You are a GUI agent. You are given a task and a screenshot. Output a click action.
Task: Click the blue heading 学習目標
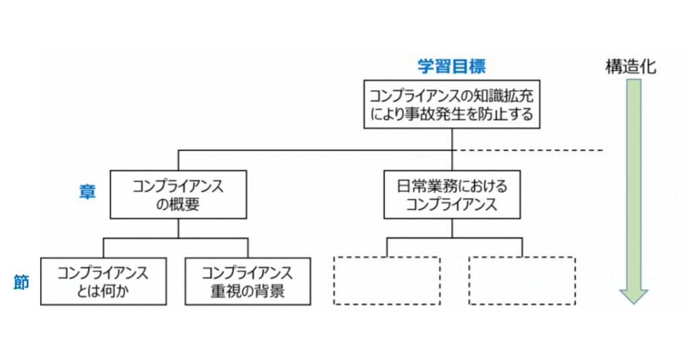(451, 66)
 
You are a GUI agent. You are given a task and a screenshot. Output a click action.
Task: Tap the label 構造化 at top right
(630, 66)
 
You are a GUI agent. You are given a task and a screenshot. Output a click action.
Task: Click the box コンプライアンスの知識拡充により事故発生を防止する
(451, 103)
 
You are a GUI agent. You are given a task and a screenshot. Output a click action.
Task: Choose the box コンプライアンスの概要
(177, 195)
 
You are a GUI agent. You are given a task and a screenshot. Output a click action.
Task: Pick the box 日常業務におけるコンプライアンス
(451, 195)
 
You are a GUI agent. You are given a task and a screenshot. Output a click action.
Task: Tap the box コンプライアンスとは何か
(103, 281)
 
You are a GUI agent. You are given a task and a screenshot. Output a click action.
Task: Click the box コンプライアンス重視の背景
(247, 281)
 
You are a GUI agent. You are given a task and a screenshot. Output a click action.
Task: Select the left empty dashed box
(387, 281)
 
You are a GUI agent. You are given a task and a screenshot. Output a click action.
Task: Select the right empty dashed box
(522, 281)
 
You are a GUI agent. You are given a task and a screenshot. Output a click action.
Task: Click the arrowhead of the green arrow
(633, 296)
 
